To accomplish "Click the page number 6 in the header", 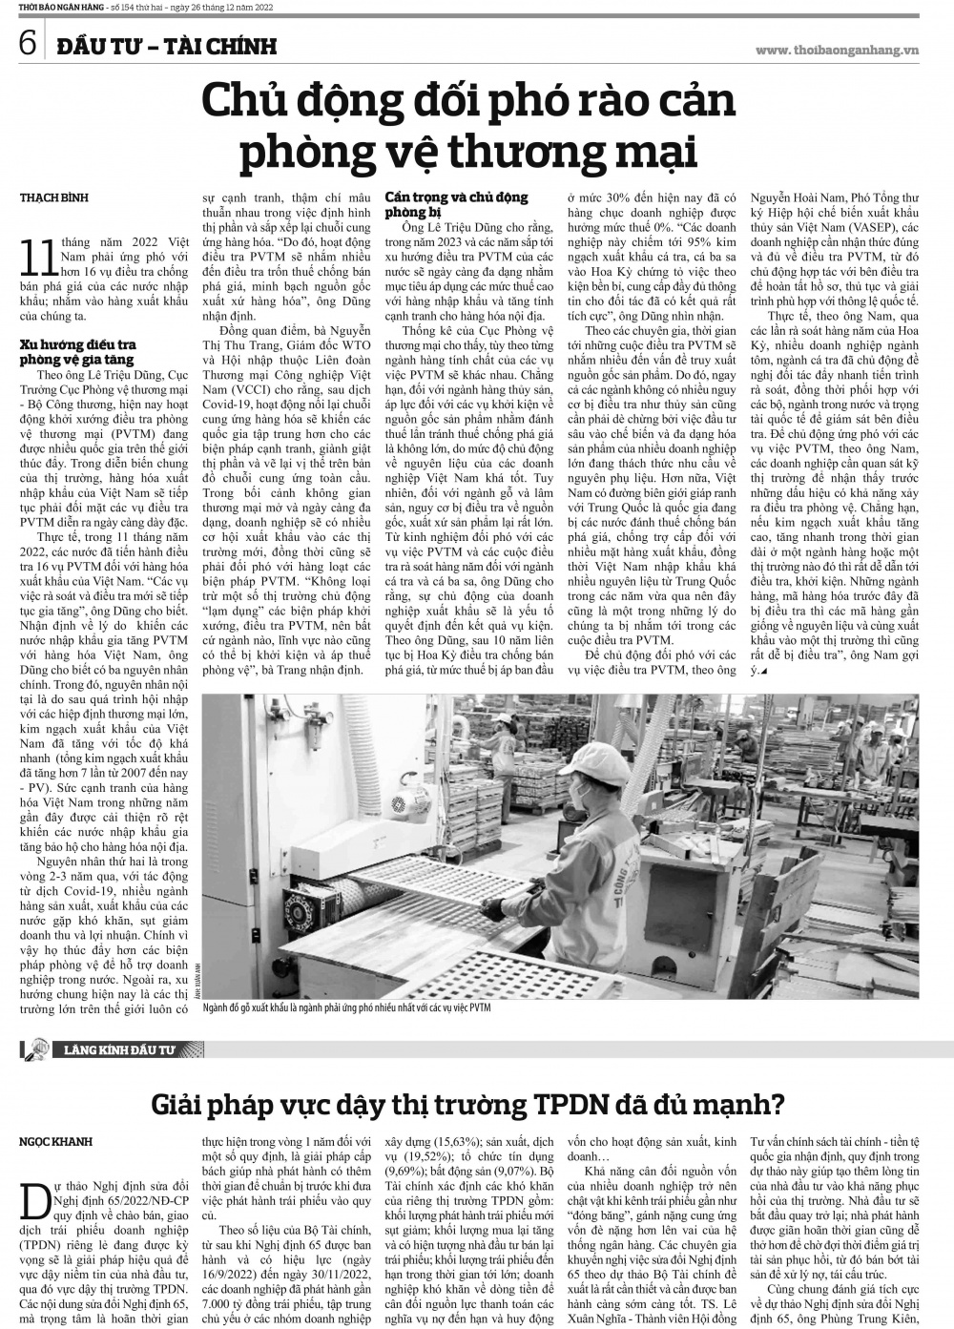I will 27,44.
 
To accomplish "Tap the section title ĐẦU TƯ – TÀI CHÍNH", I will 165,46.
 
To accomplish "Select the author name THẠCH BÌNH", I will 53,198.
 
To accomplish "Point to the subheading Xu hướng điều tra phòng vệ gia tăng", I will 78,352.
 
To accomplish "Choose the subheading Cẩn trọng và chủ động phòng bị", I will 456,204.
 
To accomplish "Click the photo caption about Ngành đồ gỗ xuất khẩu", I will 346,1008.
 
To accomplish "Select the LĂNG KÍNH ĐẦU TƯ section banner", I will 121,1050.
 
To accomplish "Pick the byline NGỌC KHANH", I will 55,1141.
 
